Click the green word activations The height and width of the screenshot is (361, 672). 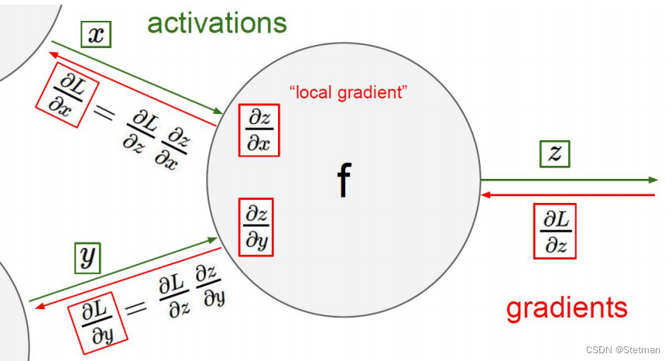click(x=217, y=22)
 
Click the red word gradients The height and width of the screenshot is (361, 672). click(x=566, y=308)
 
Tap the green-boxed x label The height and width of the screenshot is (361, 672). click(x=96, y=34)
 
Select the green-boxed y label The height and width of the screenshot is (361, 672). click(x=88, y=257)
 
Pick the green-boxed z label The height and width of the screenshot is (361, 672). click(x=554, y=154)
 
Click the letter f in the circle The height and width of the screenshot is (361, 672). click(x=343, y=180)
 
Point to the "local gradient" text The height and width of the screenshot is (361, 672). click(x=348, y=93)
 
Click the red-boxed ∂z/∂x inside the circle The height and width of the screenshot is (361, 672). click(x=258, y=129)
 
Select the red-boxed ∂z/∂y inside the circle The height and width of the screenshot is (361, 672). click(x=256, y=227)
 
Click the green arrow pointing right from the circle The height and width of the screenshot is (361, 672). click(x=569, y=180)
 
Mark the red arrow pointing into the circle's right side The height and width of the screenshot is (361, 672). click(x=569, y=195)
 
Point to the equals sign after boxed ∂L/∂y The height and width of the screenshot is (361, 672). click(x=135, y=308)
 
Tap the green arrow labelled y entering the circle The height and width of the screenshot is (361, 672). click(x=124, y=270)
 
